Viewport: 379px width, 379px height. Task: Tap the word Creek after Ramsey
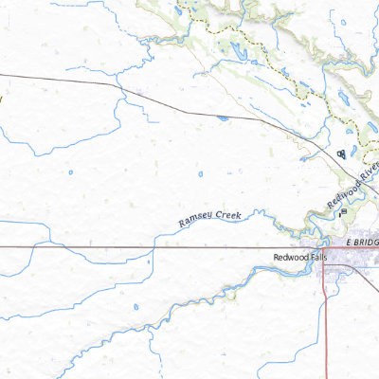[x=227, y=215]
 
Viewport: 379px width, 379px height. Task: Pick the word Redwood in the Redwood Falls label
[x=286, y=257]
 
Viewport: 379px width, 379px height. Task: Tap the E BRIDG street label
[x=363, y=242]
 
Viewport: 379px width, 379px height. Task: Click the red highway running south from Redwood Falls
[x=325, y=322]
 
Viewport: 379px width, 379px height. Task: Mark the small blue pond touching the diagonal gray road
[x=221, y=118]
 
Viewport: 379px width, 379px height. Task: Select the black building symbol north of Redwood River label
[x=341, y=153]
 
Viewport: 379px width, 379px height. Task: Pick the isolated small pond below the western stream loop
[x=70, y=172]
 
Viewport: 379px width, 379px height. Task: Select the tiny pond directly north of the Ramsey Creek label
[x=202, y=174]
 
